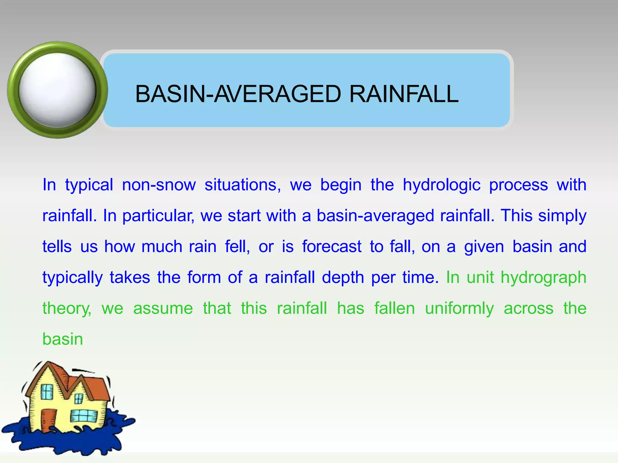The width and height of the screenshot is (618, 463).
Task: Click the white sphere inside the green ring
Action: point(57,90)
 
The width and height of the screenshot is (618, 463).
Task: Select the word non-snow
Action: point(159,185)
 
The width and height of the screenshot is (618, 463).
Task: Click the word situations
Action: point(242,185)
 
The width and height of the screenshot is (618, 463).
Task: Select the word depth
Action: point(343,278)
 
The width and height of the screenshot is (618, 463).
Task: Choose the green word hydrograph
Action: point(543,278)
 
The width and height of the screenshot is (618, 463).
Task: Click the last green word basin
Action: point(62,339)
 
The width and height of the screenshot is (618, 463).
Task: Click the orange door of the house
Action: point(48,420)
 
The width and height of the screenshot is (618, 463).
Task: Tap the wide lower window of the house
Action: point(84,416)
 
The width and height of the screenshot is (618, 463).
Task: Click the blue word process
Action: point(518,185)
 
